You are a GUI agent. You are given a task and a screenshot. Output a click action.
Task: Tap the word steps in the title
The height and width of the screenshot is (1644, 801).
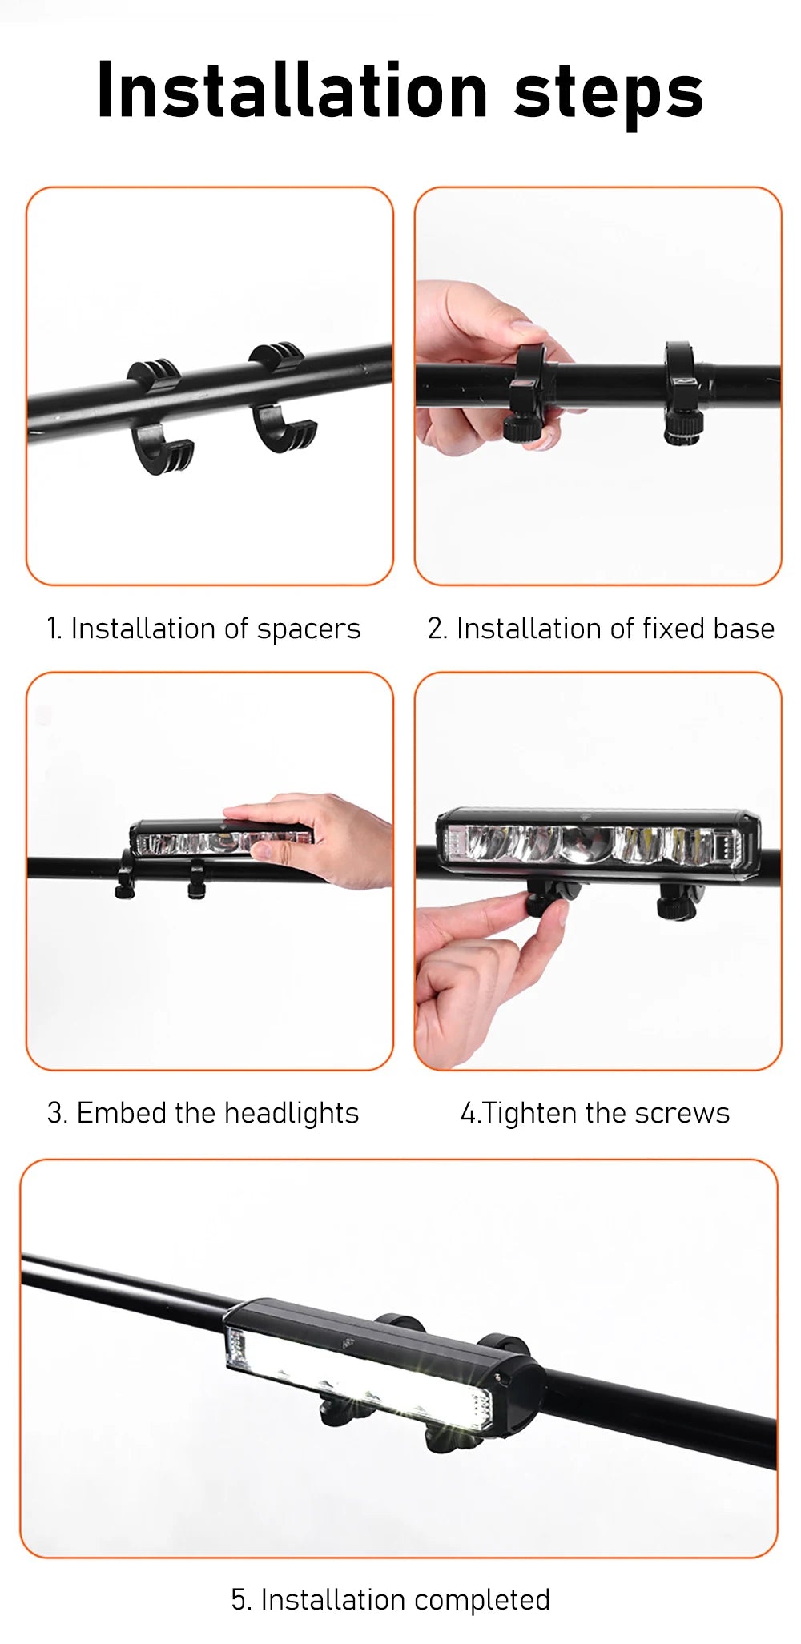609,94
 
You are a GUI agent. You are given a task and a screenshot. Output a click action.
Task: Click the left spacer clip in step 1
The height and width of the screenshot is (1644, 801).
159,416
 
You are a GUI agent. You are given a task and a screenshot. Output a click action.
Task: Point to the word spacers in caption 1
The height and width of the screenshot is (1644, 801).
308,629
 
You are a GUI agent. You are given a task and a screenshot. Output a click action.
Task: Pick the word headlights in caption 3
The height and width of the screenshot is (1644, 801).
292,1114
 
